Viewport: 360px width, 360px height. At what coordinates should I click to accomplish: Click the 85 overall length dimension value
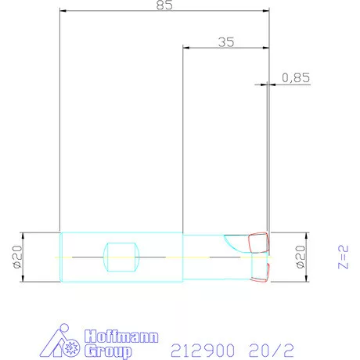164,5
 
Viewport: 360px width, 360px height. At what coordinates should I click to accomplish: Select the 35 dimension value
226,42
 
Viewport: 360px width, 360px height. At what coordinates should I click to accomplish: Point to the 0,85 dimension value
296,77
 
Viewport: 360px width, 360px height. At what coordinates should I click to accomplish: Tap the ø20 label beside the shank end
17,257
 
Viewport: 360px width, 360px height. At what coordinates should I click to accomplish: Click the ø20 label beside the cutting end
301,257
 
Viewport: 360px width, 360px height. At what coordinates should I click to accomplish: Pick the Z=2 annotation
343,257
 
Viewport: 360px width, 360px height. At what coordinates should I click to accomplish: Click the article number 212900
203,351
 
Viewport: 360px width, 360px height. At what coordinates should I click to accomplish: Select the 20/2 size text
272,351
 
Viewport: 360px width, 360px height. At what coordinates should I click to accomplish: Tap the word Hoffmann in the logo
121,337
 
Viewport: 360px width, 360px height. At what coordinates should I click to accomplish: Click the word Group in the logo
108,351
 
